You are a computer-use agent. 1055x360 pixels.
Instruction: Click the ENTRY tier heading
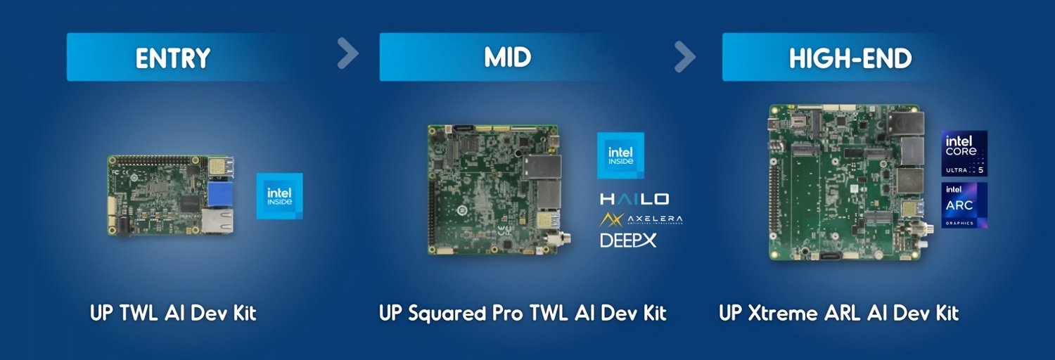173,58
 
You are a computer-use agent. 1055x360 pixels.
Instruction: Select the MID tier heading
508,58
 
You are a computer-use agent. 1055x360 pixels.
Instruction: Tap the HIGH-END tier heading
850,58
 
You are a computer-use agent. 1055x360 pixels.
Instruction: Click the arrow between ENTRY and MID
347,53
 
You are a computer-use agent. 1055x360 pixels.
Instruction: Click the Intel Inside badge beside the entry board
279,195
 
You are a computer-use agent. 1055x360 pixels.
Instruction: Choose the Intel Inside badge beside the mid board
620,155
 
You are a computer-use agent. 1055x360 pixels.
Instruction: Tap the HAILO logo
634,200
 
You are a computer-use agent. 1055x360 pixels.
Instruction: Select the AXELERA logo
641,219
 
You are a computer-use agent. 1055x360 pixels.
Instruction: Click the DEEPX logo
628,240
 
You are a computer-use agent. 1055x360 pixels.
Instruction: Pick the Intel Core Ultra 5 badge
964,153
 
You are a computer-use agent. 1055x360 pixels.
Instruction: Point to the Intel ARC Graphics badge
964,205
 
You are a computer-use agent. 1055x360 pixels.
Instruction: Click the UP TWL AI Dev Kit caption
173,313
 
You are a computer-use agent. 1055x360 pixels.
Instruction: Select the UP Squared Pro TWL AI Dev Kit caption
523,313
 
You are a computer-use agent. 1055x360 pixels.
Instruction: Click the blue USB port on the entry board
220,194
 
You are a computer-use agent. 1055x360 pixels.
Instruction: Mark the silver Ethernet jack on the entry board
218,220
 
